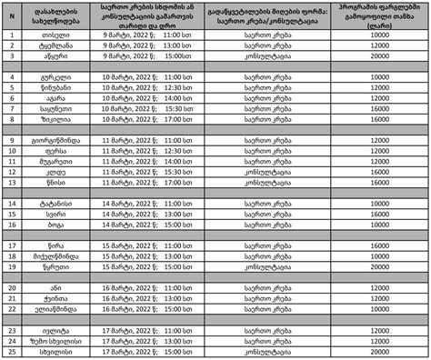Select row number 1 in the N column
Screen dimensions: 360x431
tap(11, 35)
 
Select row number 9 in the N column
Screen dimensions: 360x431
tap(11, 141)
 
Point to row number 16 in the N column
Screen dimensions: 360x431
tap(11, 225)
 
